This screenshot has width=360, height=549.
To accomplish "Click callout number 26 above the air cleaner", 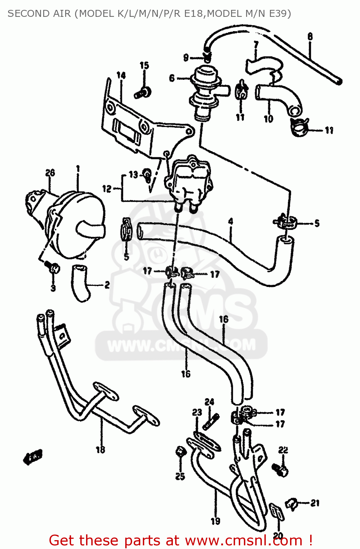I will [x=50, y=173].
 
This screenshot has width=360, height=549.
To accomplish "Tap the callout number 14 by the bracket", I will [x=121, y=75].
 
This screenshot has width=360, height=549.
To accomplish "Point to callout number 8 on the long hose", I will [x=310, y=37].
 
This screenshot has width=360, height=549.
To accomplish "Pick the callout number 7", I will [x=256, y=45].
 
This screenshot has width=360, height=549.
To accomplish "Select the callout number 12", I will [x=107, y=189].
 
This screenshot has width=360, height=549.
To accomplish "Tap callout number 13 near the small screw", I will [x=133, y=175].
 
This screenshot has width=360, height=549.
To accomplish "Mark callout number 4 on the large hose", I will [x=230, y=221].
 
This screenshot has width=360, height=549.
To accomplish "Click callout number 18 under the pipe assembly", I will [x=100, y=449].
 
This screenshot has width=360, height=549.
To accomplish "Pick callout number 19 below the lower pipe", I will [x=215, y=521].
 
